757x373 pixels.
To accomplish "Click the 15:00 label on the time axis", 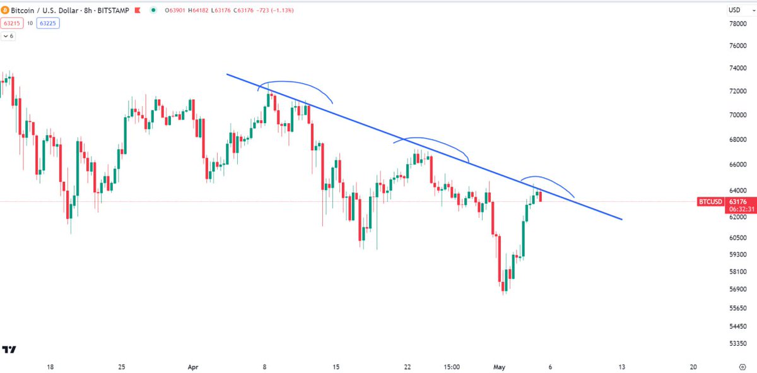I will [452, 367].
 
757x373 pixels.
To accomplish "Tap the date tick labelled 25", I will [122, 367].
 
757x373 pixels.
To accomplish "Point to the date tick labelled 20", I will [693, 367].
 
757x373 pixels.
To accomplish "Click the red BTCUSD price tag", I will [710, 202].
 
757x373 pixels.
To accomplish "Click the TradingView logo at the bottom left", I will [9, 350].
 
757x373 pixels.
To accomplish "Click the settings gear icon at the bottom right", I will [742, 367].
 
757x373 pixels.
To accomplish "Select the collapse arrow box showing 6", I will [8, 36].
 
